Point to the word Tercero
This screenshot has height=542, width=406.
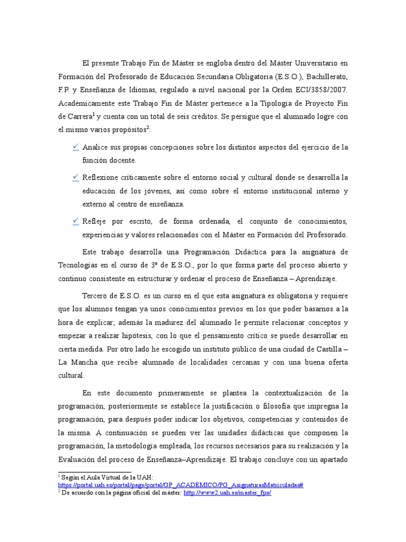(97, 295)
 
